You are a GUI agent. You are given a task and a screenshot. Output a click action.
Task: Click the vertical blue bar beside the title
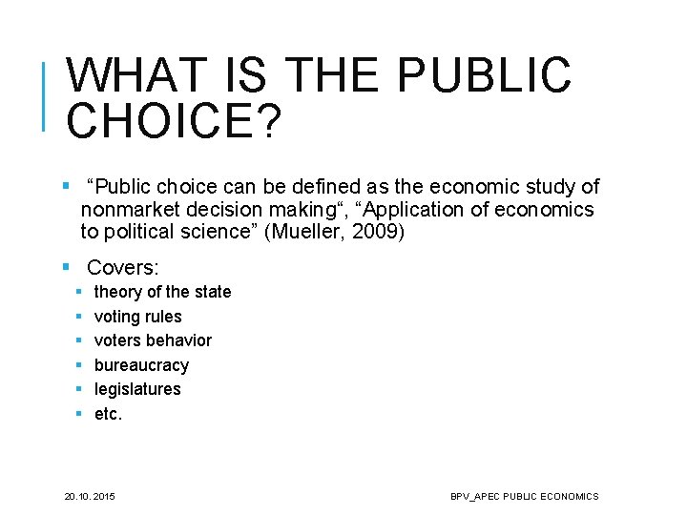[x=45, y=94]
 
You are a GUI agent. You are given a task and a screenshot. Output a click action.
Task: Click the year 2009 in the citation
[x=377, y=232]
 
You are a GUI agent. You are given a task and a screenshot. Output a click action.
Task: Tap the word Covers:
[x=123, y=269]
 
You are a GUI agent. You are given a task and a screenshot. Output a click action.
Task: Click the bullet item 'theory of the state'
[x=162, y=292]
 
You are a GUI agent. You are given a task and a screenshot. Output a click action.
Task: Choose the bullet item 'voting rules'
[x=137, y=317]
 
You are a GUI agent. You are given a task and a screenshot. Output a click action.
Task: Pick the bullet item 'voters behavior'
[x=153, y=340]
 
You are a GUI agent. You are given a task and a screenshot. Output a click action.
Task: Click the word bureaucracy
[x=141, y=365]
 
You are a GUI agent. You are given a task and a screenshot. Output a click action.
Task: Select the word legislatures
[x=137, y=389]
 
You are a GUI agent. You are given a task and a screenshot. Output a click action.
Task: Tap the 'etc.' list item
[x=108, y=414]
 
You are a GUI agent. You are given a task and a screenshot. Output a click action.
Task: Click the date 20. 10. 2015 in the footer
[x=90, y=496]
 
